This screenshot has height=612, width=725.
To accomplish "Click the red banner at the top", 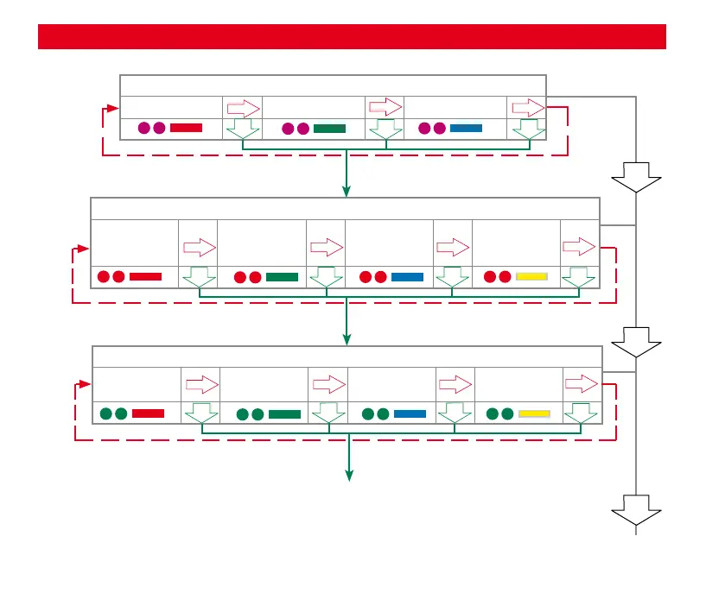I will point(352,37).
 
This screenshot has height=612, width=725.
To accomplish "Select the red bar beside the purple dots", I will point(186,128).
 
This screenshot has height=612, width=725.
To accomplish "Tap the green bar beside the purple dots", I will point(329,129).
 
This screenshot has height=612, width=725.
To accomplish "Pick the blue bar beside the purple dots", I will point(466,129).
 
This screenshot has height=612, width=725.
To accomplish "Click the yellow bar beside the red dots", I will point(532,277).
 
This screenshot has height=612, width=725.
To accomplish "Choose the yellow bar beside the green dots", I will point(534,413).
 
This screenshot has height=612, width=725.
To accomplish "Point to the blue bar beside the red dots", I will point(407,277).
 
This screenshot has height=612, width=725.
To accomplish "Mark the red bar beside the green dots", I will point(148,413).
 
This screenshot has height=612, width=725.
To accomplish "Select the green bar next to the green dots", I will point(284,414).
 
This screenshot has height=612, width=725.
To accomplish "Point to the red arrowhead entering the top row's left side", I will point(113,108).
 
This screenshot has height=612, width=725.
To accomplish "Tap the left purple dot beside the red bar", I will point(145,129).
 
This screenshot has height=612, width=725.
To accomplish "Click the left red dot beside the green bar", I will point(240,277).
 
